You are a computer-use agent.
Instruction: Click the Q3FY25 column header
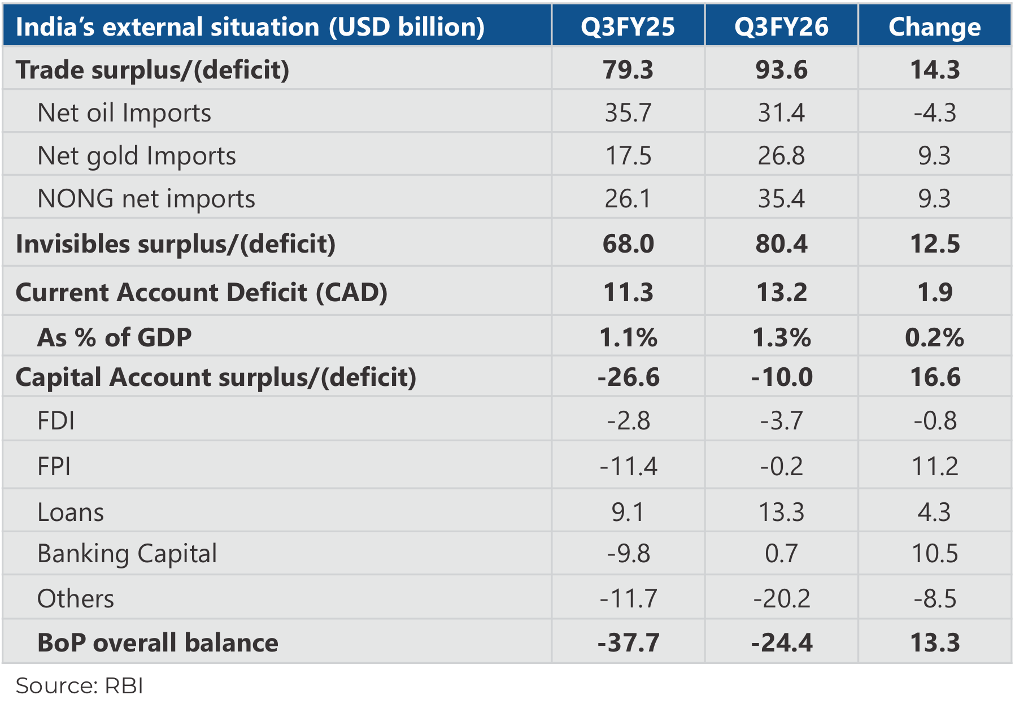[628, 27]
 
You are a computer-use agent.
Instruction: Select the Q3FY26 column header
[781, 27]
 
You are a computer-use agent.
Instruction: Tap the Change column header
[934, 27]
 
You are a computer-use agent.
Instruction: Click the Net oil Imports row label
[124, 112]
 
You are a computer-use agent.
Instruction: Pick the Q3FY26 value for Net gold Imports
[781, 155]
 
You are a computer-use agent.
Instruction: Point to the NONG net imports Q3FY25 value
[628, 198]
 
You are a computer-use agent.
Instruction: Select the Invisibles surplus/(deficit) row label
[176, 244]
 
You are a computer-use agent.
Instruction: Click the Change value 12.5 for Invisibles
[935, 244]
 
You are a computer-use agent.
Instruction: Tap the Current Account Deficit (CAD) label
[202, 292]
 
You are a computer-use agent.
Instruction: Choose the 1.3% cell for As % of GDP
[781, 337]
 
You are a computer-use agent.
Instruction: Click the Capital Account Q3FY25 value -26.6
[628, 377]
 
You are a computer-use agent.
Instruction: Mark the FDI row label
[56, 420]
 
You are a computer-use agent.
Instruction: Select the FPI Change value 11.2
[935, 466]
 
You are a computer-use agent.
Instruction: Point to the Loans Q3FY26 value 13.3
[781, 512]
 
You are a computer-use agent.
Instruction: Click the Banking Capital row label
[127, 553]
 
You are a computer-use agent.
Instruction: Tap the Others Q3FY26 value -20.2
[781, 598]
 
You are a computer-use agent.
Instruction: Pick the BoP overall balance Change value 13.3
[935, 642]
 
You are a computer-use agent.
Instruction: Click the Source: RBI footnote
[79, 685]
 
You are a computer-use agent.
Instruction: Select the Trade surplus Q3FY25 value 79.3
[628, 70]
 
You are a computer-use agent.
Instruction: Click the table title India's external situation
[250, 27]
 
